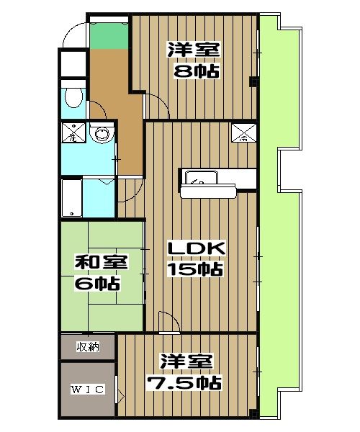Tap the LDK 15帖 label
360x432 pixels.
point(196,258)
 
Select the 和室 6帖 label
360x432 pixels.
point(98,271)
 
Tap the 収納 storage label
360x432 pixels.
point(89,347)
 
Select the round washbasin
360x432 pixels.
point(103,134)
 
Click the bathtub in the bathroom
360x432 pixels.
point(71,197)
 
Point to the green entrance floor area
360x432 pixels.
point(108,34)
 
